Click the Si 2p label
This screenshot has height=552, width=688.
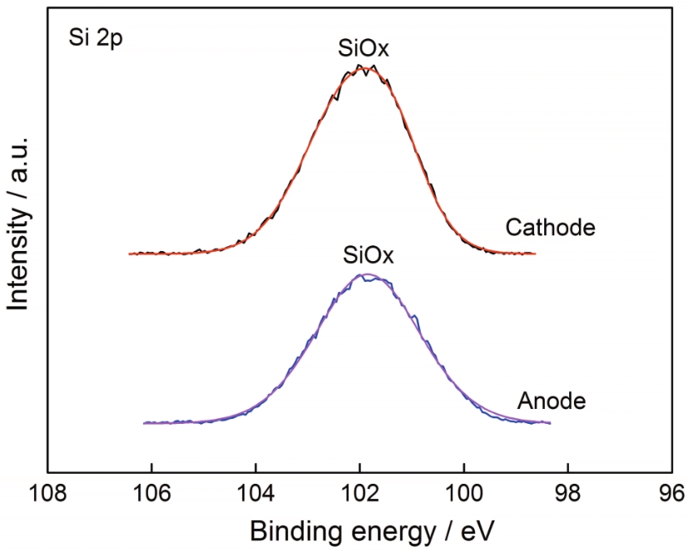pos(96,39)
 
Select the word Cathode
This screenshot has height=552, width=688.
pos(550,227)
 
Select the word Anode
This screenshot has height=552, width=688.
pos(552,402)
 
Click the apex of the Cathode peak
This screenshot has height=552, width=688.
pos(364,67)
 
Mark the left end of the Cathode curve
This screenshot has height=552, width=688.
pos(129,253)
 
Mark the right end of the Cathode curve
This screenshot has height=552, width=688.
pos(535,254)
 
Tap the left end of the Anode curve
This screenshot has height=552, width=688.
pos(144,424)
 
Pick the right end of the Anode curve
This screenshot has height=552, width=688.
pos(550,423)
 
